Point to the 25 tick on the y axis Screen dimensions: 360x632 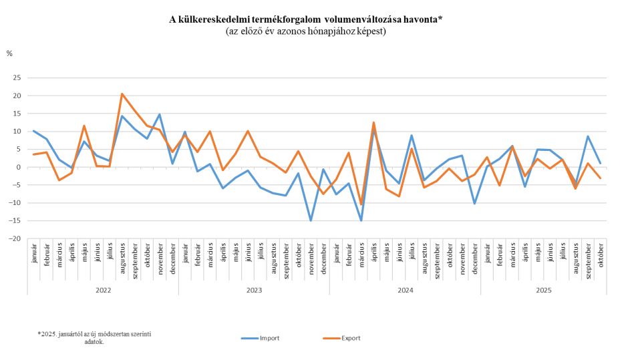tap(18, 77)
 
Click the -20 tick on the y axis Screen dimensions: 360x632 tap(17, 238)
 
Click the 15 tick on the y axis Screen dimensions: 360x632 tap(18, 114)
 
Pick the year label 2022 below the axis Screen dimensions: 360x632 tap(103, 291)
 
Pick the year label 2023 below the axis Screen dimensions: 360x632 tap(254, 291)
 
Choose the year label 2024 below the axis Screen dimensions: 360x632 tap(405, 291)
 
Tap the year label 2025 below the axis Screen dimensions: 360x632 tap(544, 291)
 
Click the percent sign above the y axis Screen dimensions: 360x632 tap(9, 53)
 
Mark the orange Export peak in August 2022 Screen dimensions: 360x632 tap(122, 94)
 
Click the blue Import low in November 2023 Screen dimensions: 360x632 tap(311, 220)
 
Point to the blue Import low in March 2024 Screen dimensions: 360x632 tap(361, 220)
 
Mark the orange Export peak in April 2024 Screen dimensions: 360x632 tap(373, 122)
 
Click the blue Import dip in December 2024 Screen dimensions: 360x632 tap(474, 204)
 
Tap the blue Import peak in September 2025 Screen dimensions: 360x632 tap(588, 136)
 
